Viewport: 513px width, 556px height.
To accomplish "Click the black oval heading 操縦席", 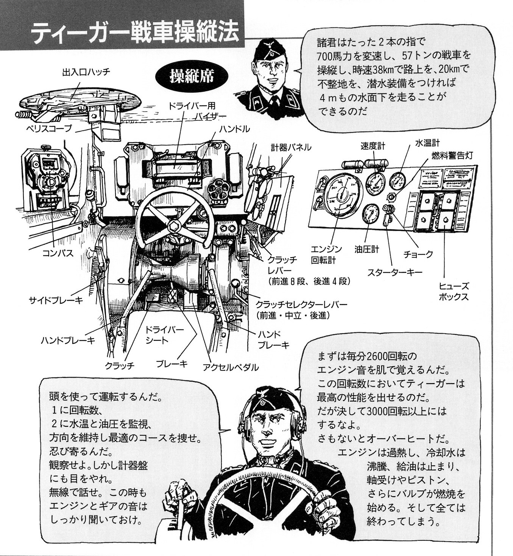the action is (x=192, y=76).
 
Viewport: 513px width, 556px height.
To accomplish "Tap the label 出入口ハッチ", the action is (x=86, y=72).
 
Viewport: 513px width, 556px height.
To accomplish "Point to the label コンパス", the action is (x=58, y=253).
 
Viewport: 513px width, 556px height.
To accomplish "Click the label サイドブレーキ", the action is (x=56, y=300).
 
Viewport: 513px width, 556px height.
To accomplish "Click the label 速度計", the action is (x=373, y=146).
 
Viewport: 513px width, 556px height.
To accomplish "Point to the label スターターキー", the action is (x=394, y=272).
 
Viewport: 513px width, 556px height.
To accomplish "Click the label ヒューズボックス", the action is (x=454, y=291).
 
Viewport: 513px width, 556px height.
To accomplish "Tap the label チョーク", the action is (x=418, y=254).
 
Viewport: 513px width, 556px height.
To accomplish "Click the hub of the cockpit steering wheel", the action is (x=175, y=224).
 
